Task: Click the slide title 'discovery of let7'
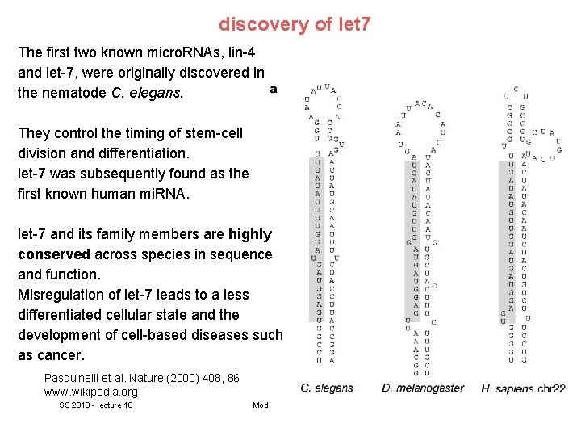pos(295,24)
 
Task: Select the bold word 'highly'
pos(250,234)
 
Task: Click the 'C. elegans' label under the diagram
pos(327,388)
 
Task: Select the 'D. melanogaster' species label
pos(423,388)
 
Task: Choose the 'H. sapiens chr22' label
pos(523,388)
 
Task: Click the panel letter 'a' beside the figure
pos(274,89)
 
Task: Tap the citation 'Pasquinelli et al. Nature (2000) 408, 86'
pos(141,378)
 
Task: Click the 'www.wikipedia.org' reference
pos(91,392)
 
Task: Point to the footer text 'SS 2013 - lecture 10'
pos(96,405)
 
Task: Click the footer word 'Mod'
pos(260,405)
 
